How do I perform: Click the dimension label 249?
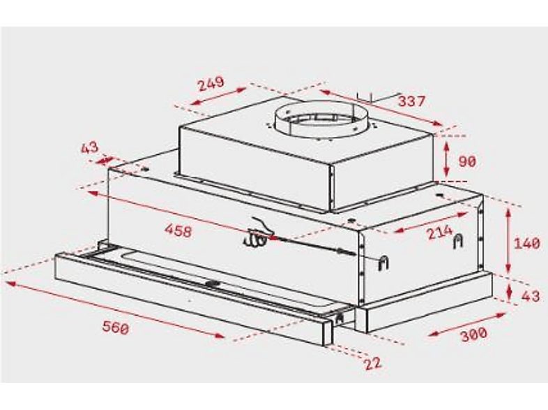click(x=211, y=83)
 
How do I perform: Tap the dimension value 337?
click(x=411, y=101)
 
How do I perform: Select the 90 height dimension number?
click(x=467, y=161)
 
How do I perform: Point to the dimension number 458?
click(x=178, y=230)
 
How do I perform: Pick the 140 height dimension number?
click(x=527, y=244)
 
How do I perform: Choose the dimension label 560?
click(x=115, y=326)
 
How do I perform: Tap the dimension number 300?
click(x=474, y=335)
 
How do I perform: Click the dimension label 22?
click(x=373, y=364)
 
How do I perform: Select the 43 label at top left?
click(x=90, y=148)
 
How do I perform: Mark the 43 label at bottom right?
click(x=531, y=296)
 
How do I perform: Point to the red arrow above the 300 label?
click(x=466, y=325)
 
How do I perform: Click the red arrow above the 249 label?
click(x=218, y=97)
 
